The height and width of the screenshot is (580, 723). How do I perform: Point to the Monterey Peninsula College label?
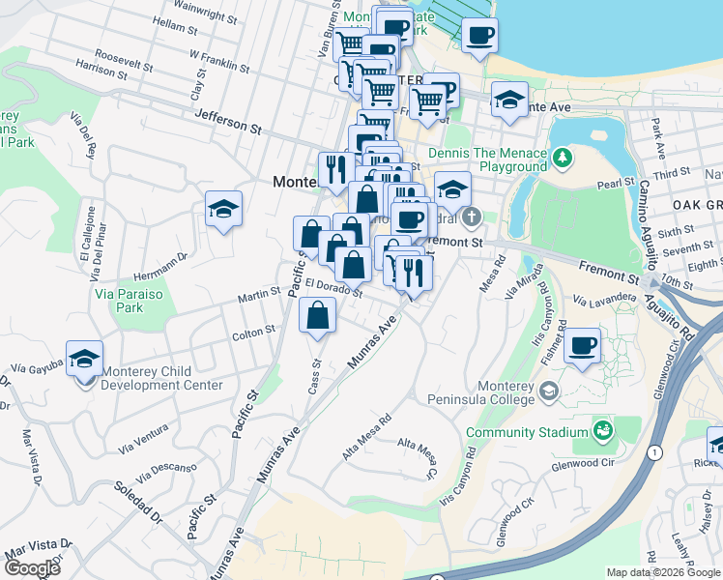point(499,391)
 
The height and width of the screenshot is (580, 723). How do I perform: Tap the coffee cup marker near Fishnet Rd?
point(581,347)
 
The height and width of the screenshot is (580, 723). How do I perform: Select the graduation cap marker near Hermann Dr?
point(223,210)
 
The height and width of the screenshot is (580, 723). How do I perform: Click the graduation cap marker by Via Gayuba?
point(84,359)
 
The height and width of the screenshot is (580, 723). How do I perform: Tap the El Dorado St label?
point(333,286)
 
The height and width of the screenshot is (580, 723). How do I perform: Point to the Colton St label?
point(254,333)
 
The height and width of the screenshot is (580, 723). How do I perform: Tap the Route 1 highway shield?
point(655,451)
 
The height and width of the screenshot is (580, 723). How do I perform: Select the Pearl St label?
point(616,184)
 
